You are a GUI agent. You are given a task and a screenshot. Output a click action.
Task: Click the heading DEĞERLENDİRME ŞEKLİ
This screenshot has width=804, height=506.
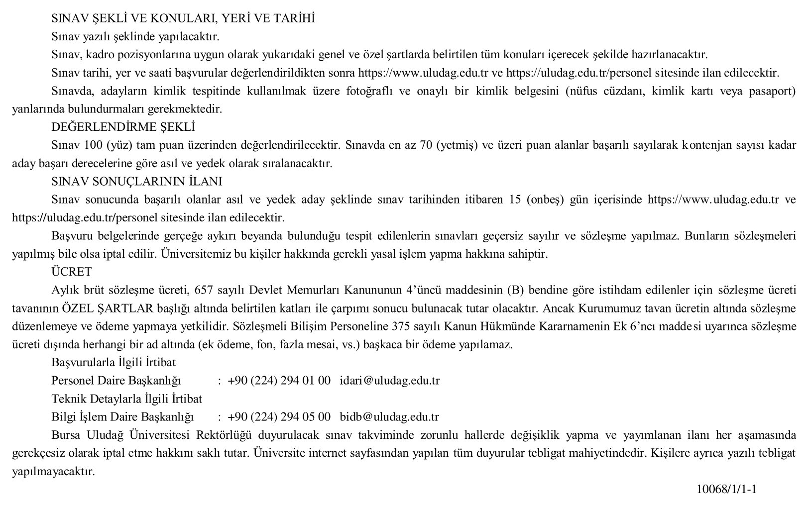pos(123,127)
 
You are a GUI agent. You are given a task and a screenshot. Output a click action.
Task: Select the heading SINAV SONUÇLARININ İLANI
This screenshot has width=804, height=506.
pos(137,182)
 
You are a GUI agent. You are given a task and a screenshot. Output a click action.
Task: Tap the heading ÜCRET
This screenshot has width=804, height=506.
pos(72,272)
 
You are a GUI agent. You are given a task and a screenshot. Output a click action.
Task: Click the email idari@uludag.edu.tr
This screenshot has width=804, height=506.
pos(390,381)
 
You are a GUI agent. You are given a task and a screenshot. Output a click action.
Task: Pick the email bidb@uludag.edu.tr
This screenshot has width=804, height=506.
pos(389,416)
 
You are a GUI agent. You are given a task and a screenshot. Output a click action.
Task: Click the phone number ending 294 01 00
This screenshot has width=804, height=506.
pos(279,381)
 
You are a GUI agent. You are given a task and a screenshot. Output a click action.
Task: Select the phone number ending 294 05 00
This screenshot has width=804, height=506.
pos(279,416)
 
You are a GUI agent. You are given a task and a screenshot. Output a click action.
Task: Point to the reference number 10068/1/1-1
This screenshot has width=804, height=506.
pos(727,489)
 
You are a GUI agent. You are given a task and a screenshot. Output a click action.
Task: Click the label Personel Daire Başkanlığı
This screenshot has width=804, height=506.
pos(116,381)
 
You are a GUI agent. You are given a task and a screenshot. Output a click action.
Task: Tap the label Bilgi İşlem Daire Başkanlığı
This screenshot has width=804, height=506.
pos(122,416)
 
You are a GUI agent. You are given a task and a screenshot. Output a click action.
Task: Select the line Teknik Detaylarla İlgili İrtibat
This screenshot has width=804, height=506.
pos(127,399)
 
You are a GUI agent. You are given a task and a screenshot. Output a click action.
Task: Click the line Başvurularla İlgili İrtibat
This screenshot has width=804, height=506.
pos(114,362)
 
